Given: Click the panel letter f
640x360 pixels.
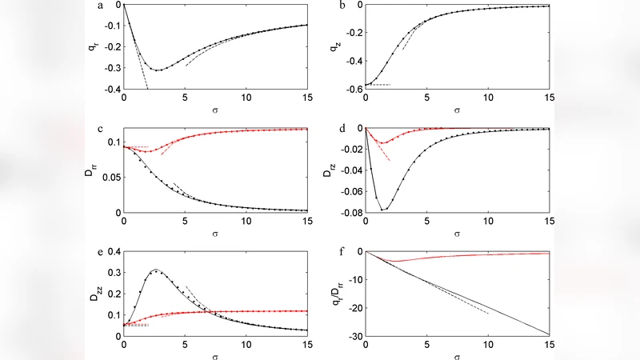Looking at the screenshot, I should pos(342,254).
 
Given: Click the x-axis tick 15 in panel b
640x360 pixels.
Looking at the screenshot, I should pos(549,97).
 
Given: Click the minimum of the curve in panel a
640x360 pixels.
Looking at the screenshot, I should pos(158,70).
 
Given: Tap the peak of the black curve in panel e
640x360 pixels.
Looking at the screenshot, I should pos(155,270).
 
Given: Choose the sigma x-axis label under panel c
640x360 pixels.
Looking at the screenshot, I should pos(216,234).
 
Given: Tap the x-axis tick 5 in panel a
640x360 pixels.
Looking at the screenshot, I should pos(185,97).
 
